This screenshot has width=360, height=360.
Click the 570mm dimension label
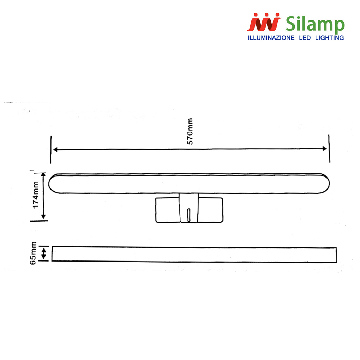190,131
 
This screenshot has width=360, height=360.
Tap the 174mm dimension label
36,195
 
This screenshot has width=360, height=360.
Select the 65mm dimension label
33,253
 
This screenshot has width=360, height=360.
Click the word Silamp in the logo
315,24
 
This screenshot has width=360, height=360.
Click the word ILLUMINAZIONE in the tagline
271,38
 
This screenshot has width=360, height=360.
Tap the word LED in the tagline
305,38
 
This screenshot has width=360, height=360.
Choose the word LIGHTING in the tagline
329,38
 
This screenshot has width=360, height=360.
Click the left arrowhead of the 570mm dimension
55,150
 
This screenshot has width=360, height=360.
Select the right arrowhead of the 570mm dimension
324,149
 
